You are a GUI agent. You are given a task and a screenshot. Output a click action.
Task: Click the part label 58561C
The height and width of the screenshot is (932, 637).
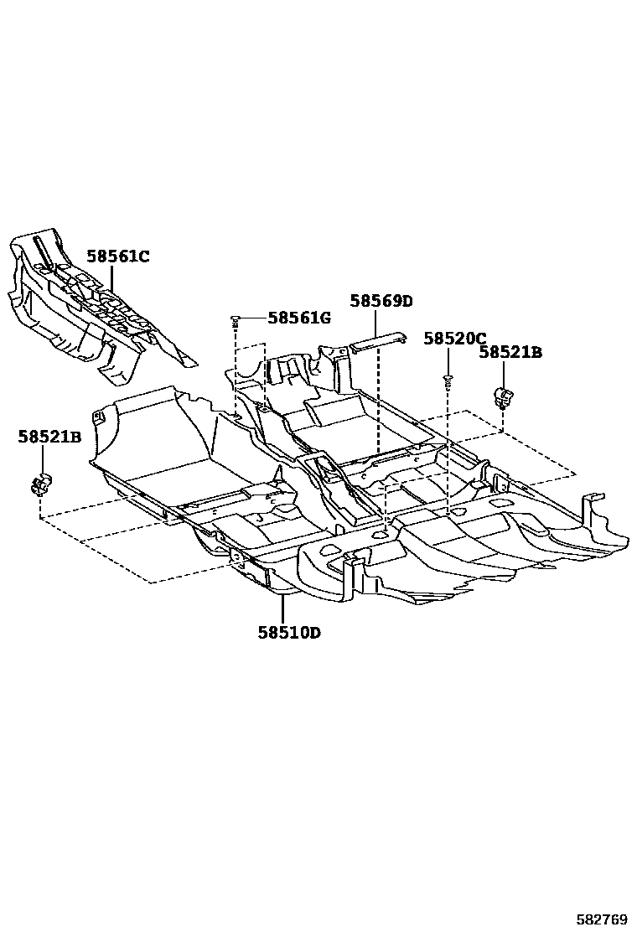pos(117,256)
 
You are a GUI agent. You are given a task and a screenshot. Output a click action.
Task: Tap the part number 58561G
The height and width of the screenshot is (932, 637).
pos(299,318)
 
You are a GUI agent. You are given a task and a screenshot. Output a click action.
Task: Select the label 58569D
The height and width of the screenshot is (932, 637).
pos(381,301)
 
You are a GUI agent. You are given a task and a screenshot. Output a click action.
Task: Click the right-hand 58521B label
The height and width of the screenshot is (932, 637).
pos(510,353)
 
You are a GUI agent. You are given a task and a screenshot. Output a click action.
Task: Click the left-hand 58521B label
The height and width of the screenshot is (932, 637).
pos(49,437)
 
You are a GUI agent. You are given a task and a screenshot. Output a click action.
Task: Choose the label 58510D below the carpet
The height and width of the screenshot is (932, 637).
pos(289,633)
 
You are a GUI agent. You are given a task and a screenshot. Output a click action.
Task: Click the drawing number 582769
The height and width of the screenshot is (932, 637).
pos(603,919)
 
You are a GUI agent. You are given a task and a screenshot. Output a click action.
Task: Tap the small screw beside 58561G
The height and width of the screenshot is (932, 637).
pos(236,318)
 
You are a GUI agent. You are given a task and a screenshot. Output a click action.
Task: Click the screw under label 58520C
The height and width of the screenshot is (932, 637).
pos(448,381)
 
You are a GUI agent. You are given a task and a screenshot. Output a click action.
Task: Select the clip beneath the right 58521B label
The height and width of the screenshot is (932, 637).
pos(504,396)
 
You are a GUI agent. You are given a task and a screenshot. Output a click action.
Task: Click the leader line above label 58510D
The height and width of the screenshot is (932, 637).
pos(282,606)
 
